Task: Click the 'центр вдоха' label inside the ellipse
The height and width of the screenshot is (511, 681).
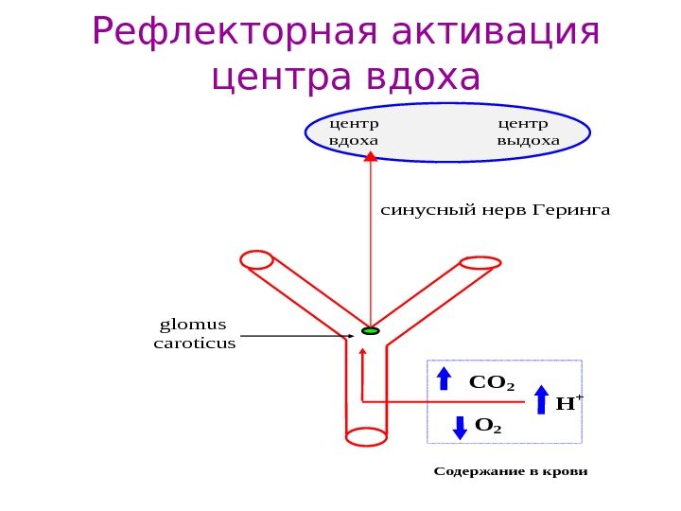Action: pyautogui.click(x=352, y=132)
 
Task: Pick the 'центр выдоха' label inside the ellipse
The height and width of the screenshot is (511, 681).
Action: pyautogui.click(x=528, y=132)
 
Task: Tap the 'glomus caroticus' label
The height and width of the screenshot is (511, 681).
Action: pyautogui.click(x=194, y=334)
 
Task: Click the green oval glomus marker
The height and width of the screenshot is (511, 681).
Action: pyautogui.click(x=370, y=331)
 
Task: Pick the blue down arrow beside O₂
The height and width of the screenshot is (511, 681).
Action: pyautogui.click(x=460, y=427)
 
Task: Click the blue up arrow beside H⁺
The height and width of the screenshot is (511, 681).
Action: pyautogui.click(x=542, y=399)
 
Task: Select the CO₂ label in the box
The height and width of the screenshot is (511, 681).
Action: pyautogui.click(x=491, y=384)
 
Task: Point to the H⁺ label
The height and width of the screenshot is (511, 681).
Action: pyautogui.click(x=567, y=403)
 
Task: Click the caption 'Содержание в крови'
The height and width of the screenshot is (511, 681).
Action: pyautogui.click(x=510, y=470)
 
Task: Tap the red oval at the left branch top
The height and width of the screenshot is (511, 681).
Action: pyautogui.click(x=256, y=259)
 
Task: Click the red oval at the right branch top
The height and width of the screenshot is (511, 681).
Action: pyautogui.click(x=480, y=262)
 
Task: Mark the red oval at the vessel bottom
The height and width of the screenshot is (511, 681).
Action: pyautogui.click(x=366, y=436)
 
